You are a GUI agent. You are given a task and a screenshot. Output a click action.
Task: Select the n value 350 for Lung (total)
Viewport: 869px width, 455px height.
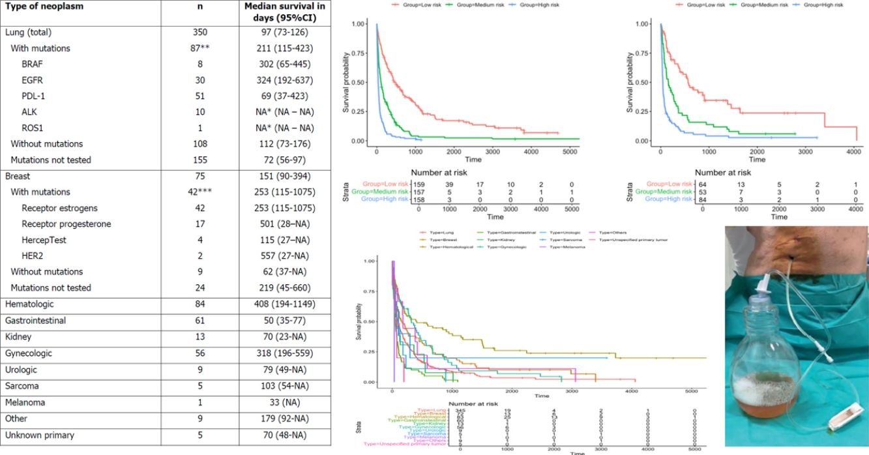coord(200,33)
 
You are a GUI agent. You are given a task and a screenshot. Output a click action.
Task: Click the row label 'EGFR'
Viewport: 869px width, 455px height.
coord(33,80)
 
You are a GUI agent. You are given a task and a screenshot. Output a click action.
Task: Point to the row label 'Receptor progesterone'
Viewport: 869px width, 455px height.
coord(66,224)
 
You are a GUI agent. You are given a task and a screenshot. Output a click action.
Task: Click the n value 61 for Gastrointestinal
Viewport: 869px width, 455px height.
coord(200,321)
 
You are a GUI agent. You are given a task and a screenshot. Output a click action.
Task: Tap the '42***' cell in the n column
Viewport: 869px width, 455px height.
coord(200,192)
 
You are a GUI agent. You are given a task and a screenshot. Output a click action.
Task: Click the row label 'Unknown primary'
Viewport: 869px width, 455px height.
coord(39,435)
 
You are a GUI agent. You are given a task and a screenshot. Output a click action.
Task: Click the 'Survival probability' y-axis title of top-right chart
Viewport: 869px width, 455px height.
coord(630,82)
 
